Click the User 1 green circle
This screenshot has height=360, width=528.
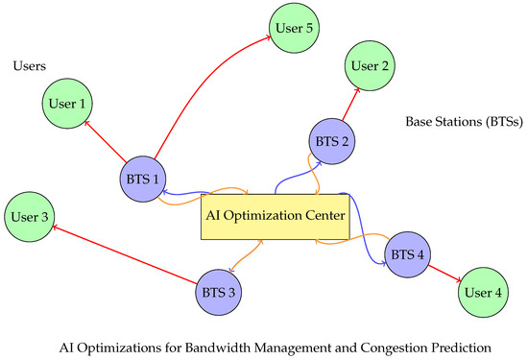pyautogui.click(x=66, y=104)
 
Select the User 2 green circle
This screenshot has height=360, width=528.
pyautogui.click(x=369, y=66)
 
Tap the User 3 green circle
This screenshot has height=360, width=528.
pyautogui.click(x=31, y=217)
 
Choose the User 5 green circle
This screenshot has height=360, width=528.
pyautogui.click(x=293, y=28)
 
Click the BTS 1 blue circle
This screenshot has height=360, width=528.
pyautogui.click(x=141, y=179)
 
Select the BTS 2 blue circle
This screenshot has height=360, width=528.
pyautogui.click(x=331, y=141)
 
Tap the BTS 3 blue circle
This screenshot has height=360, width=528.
pyautogui.click(x=218, y=290)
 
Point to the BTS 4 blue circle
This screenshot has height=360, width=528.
pyautogui.click(x=405, y=254)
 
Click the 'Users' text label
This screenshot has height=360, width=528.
pyautogui.click(x=33, y=66)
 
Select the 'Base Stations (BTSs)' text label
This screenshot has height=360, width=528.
pyautogui.click(x=462, y=123)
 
